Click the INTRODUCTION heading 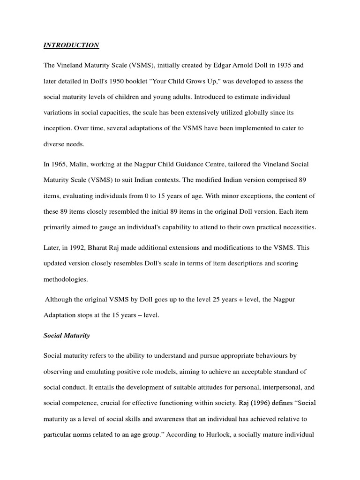(x=71, y=45)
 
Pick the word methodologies (x=65, y=279)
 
